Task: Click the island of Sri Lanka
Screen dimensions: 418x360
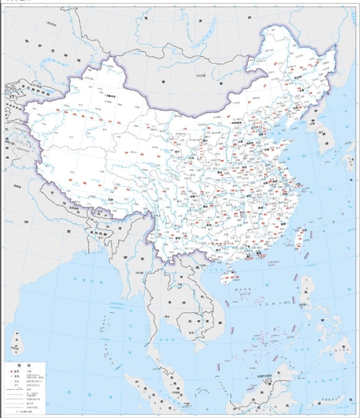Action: coord(17,342)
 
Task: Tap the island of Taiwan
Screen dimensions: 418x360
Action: coord(300,236)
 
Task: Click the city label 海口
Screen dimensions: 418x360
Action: coord(229,268)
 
